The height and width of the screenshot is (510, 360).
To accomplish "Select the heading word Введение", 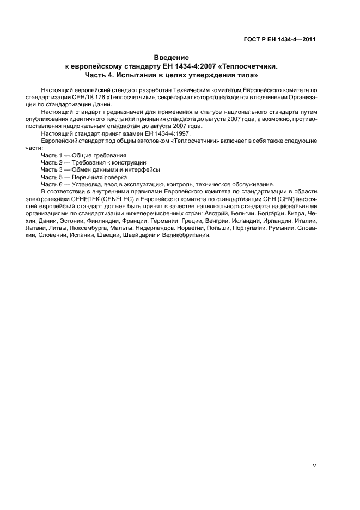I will point(171,57).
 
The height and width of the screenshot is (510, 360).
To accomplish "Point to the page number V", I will point(315,465).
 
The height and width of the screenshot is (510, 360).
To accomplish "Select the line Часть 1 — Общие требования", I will point(84,155).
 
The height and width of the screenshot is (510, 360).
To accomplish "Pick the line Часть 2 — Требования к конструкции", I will point(94,162).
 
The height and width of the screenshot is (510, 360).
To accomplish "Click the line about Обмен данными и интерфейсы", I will point(100,169).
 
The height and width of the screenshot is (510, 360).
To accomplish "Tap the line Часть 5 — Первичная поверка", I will point(84,177).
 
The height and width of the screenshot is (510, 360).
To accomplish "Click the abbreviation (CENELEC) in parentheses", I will point(114,199).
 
